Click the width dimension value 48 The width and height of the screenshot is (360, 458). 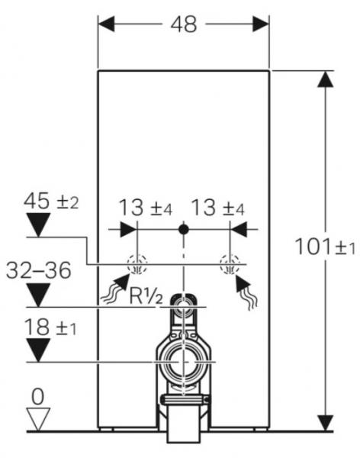(x=184, y=24)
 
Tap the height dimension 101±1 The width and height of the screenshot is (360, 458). (x=325, y=247)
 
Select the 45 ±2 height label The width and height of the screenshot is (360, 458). (x=51, y=202)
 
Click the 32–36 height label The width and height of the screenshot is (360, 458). (x=39, y=270)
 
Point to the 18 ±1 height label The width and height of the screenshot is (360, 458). (x=50, y=327)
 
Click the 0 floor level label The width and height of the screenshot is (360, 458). (x=38, y=397)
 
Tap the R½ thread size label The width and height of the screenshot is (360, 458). (x=146, y=296)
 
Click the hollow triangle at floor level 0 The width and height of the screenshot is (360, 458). (x=38, y=419)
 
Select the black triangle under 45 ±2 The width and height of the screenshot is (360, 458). (x=38, y=224)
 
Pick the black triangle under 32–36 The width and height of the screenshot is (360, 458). (x=38, y=295)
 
